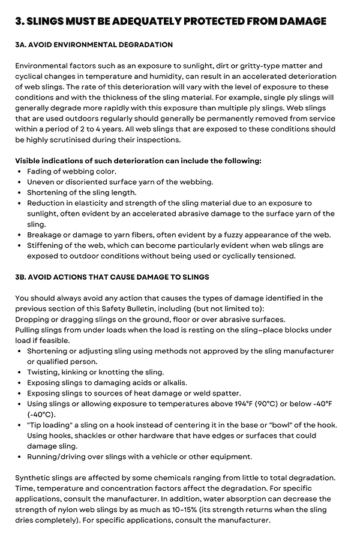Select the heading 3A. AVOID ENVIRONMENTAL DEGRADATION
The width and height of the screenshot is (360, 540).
click(94, 45)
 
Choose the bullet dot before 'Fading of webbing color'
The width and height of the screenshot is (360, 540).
click(20, 172)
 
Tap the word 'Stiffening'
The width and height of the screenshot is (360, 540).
click(48, 245)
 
